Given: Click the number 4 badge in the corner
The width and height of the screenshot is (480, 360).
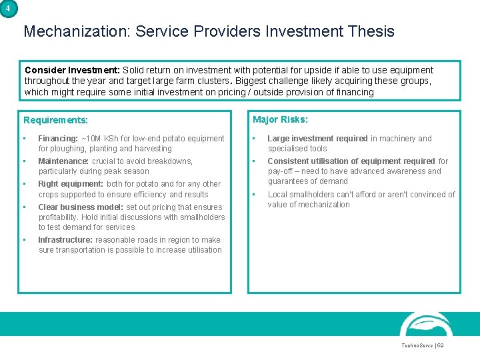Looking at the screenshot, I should (8, 9).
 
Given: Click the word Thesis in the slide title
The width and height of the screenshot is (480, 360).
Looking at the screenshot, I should (370, 31).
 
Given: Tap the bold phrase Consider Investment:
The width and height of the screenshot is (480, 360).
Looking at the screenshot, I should (72, 70).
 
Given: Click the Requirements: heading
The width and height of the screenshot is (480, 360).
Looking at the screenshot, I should (56, 121).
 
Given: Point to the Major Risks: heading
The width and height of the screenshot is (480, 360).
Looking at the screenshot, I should (280, 120).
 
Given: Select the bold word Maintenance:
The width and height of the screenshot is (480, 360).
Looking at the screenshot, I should (63, 161).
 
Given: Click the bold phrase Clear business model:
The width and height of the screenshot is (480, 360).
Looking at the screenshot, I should (81, 207).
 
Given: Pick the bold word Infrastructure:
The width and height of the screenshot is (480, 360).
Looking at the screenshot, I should (65, 240).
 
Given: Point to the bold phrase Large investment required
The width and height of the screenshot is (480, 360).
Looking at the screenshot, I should (317, 139).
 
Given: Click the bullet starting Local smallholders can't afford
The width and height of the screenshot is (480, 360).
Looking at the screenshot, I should (360, 199).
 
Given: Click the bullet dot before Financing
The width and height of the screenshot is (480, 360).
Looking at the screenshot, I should (24, 139).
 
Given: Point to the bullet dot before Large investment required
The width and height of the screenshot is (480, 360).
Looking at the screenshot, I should (253, 139).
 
